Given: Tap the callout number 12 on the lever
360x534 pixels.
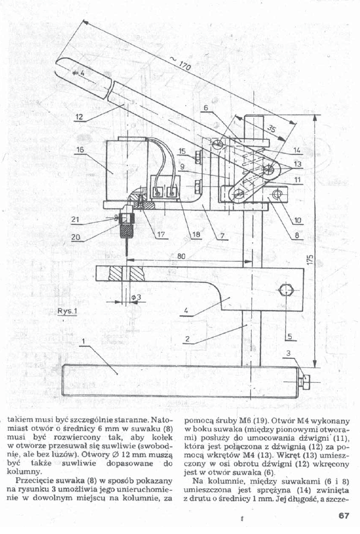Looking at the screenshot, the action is click(79, 117).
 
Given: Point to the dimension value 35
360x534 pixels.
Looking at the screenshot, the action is click(271, 129).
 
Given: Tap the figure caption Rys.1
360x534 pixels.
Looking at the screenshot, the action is click(67, 311).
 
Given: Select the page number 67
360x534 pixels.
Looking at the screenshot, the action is click(344, 515).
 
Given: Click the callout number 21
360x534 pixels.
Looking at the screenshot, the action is click(75, 219).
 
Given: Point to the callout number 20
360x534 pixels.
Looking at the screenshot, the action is click(75, 238).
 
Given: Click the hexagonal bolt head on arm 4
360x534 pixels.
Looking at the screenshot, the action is click(286, 292).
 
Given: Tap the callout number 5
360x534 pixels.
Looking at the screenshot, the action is click(290, 337).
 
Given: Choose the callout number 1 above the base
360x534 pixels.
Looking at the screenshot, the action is click(83, 342).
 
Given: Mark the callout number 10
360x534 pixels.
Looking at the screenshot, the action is click(297, 221).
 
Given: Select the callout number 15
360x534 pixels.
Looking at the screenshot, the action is click(182, 151).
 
